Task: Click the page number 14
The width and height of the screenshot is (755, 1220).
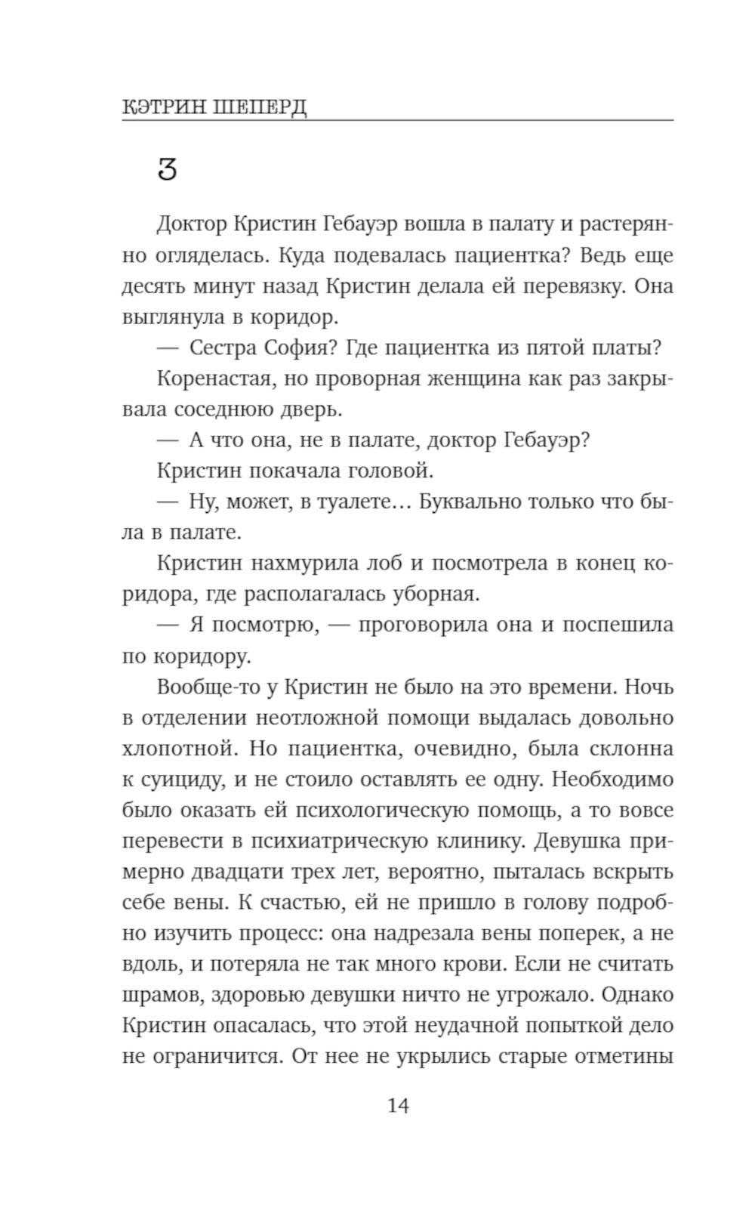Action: tap(398, 1106)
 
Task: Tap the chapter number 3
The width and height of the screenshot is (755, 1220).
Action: tap(167, 169)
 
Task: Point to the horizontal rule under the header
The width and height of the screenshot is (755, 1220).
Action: tap(398, 120)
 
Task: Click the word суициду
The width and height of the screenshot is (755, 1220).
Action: tap(175, 780)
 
